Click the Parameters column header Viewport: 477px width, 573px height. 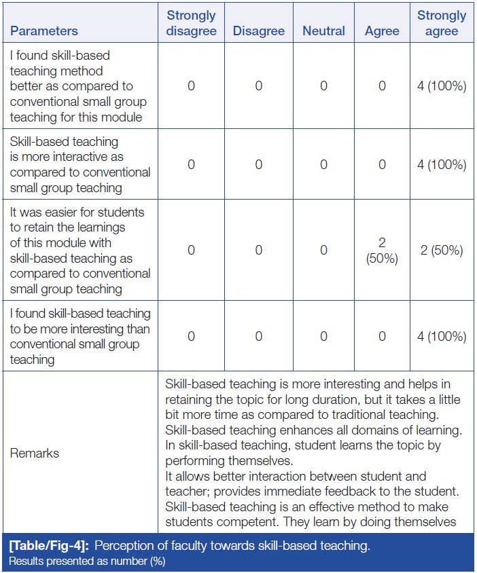[x=43, y=31]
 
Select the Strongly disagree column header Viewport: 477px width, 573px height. [x=191, y=23]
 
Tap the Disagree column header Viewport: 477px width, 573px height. [x=258, y=31]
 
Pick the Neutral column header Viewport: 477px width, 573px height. [x=323, y=31]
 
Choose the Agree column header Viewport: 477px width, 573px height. [x=382, y=31]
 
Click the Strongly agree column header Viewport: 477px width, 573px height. [x=442, y=23]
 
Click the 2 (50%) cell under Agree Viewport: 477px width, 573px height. [x=382, y=250]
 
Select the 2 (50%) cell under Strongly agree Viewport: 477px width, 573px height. [x=442, y=250]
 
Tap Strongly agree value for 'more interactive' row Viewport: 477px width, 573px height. [x=442, y=164]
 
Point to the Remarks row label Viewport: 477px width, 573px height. [x=34, y=453]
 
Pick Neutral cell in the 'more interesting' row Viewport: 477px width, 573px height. [x=323, y=336]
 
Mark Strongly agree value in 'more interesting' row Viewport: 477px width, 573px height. [x=442, y=336]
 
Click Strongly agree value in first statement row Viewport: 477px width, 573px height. [x=442, y=86]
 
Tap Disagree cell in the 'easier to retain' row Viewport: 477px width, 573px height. [x=258, y=250]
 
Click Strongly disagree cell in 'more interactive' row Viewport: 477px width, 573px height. [x=191, y=164]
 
